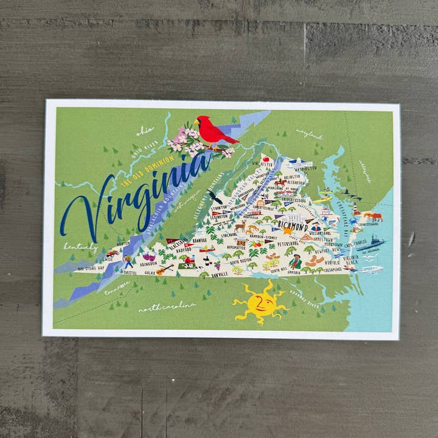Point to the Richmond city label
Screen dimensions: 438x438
click(293, 226)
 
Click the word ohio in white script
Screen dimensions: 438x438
click(145, 130)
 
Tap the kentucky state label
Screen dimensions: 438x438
click(80, 247)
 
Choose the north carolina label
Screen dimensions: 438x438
click(167, 306)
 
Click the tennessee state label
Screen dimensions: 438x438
click(117, 288)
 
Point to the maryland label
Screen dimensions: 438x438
click(309, 133)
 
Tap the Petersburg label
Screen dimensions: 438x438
click(288, 244)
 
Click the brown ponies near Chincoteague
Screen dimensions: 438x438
click(373, 216)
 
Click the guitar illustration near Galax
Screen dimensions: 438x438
click(164, 268)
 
